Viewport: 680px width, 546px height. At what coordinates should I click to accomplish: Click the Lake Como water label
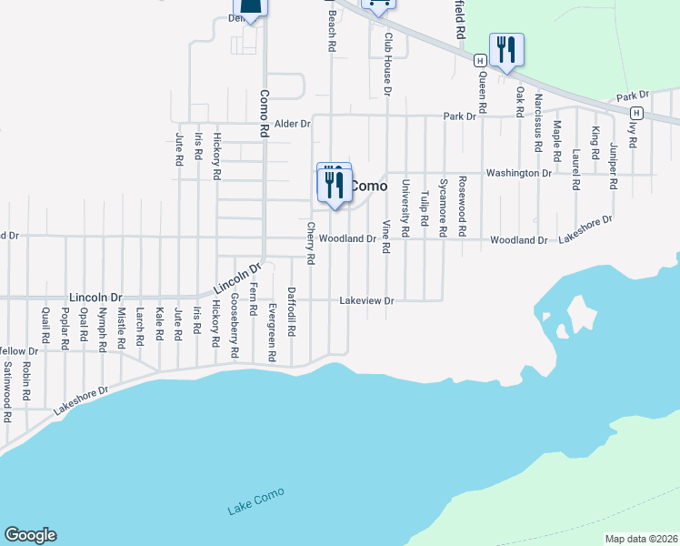pyautogui.click(x=255, y=500)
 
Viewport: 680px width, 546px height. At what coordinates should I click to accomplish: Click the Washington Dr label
pyautogui.click(x=519, y=172)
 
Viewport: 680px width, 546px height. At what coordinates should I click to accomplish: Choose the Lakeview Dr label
pyautogui.click(x=365, y=300)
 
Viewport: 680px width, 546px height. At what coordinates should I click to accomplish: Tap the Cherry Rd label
pyautogui.click(x=310, y=243)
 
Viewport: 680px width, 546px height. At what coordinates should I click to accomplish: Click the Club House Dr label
pyautogui.click(x=387, y=65)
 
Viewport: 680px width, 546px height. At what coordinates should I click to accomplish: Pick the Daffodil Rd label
pyautogui.click(x=291, y=312)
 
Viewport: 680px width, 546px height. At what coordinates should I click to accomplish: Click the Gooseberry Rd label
pyautogui.click(x=234, y=325)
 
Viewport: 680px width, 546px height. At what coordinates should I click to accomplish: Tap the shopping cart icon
pyautogui.click(x=379, y=5)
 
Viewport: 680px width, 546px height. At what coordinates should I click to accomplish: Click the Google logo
pyautogui.click(x=30, y=535)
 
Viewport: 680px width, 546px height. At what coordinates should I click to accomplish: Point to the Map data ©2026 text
pyautogui.click(x=641, y=539)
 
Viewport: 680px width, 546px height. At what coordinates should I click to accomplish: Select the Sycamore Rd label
pyautogui.click(x=443, y=207)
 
